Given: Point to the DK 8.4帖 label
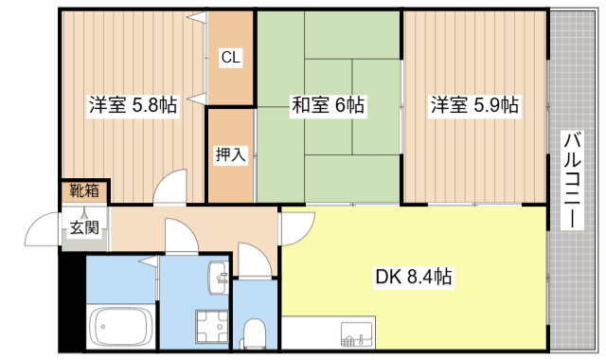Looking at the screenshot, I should pos(413,278).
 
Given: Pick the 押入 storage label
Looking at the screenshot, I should pos(230,154).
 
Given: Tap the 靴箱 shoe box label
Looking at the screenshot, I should pos(84,190).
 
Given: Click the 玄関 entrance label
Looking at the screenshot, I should pos(83,227).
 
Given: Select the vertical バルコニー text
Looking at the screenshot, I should pos(572,180).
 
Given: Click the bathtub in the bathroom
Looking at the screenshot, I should pos(120,327).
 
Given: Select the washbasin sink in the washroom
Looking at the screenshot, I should pos(217,276).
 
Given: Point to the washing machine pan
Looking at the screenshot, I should pos(210,328).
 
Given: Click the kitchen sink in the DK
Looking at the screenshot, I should pos(358,336).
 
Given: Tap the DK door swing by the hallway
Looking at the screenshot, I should pos(297,227).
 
